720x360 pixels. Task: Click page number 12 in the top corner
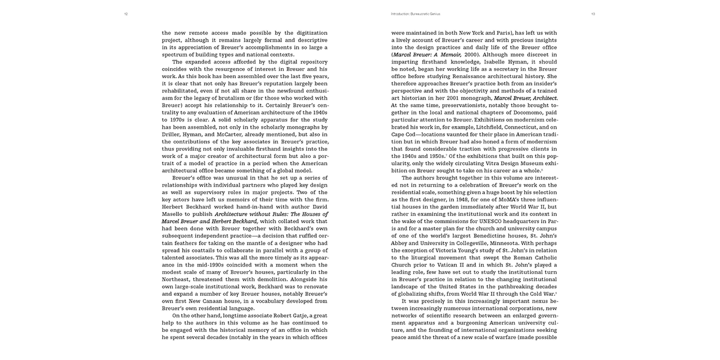(x=126, y=14)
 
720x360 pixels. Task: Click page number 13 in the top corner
(x=593, y=14)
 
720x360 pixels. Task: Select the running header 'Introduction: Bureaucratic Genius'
(x=415, y=14)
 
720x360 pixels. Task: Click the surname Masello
(x=175, y=214)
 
